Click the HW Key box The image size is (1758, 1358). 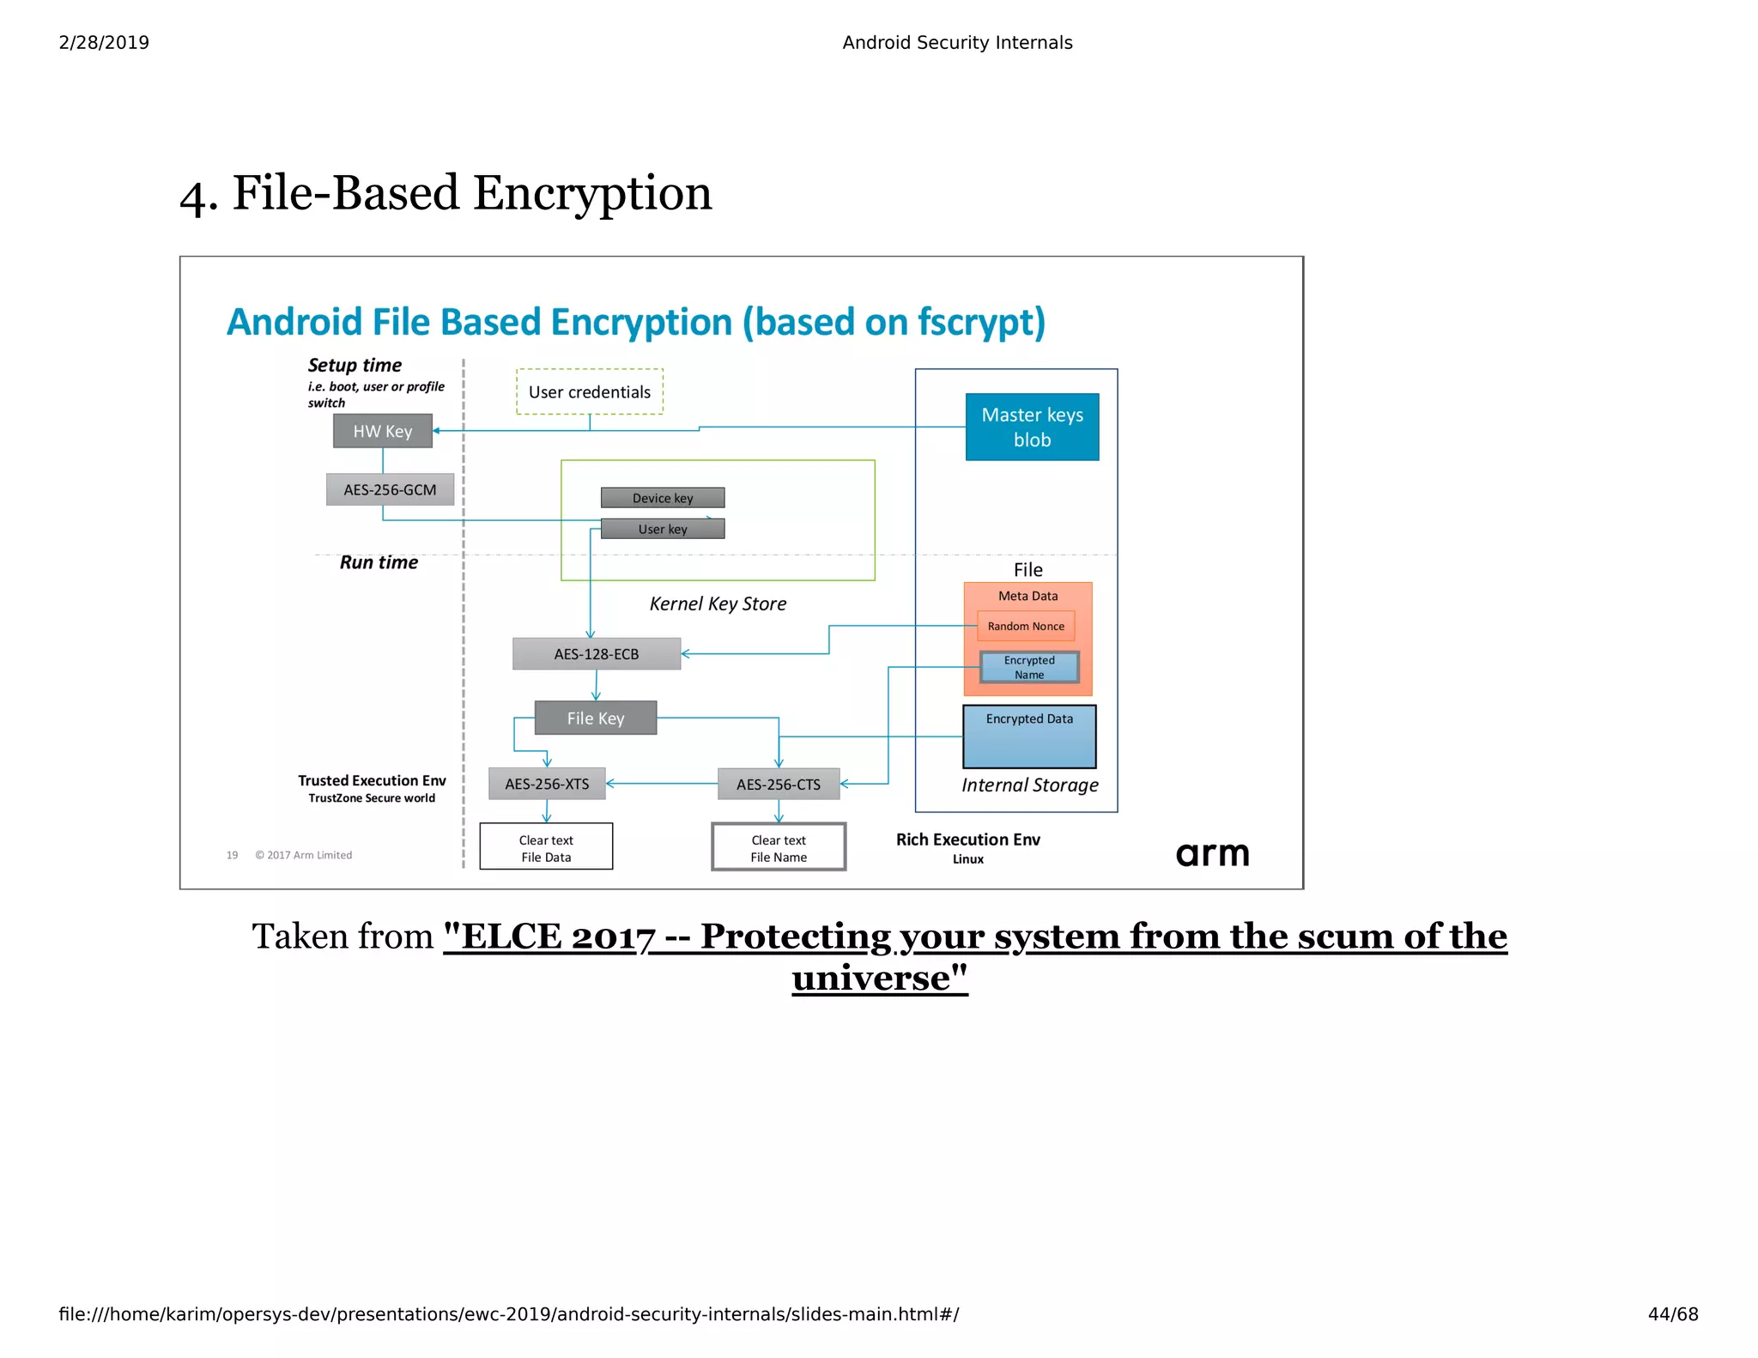point(382,431)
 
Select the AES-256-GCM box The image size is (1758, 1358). point(390,489)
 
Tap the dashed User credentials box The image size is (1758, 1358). point(590,392)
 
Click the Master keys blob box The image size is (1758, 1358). point(1032,427)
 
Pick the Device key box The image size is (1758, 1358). point(663,498)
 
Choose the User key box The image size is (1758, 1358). point(663,529)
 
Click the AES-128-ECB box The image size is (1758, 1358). point(597,654)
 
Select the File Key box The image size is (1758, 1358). point(596,718)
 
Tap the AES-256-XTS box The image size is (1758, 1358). point(547,784)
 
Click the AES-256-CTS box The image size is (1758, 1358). point(778,784)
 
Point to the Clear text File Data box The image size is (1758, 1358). point(546,847)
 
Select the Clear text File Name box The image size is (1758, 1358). point(779,847)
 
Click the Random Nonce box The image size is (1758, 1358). point(1026,626)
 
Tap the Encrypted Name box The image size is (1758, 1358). point(1029,667)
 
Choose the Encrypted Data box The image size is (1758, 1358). point(1029,737)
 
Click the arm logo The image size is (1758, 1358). point(1212,854)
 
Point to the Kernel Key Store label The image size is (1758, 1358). point(718,603)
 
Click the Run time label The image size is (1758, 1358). point(379,562)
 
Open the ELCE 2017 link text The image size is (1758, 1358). point(974,937)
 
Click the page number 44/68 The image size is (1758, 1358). point(1672,1314)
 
